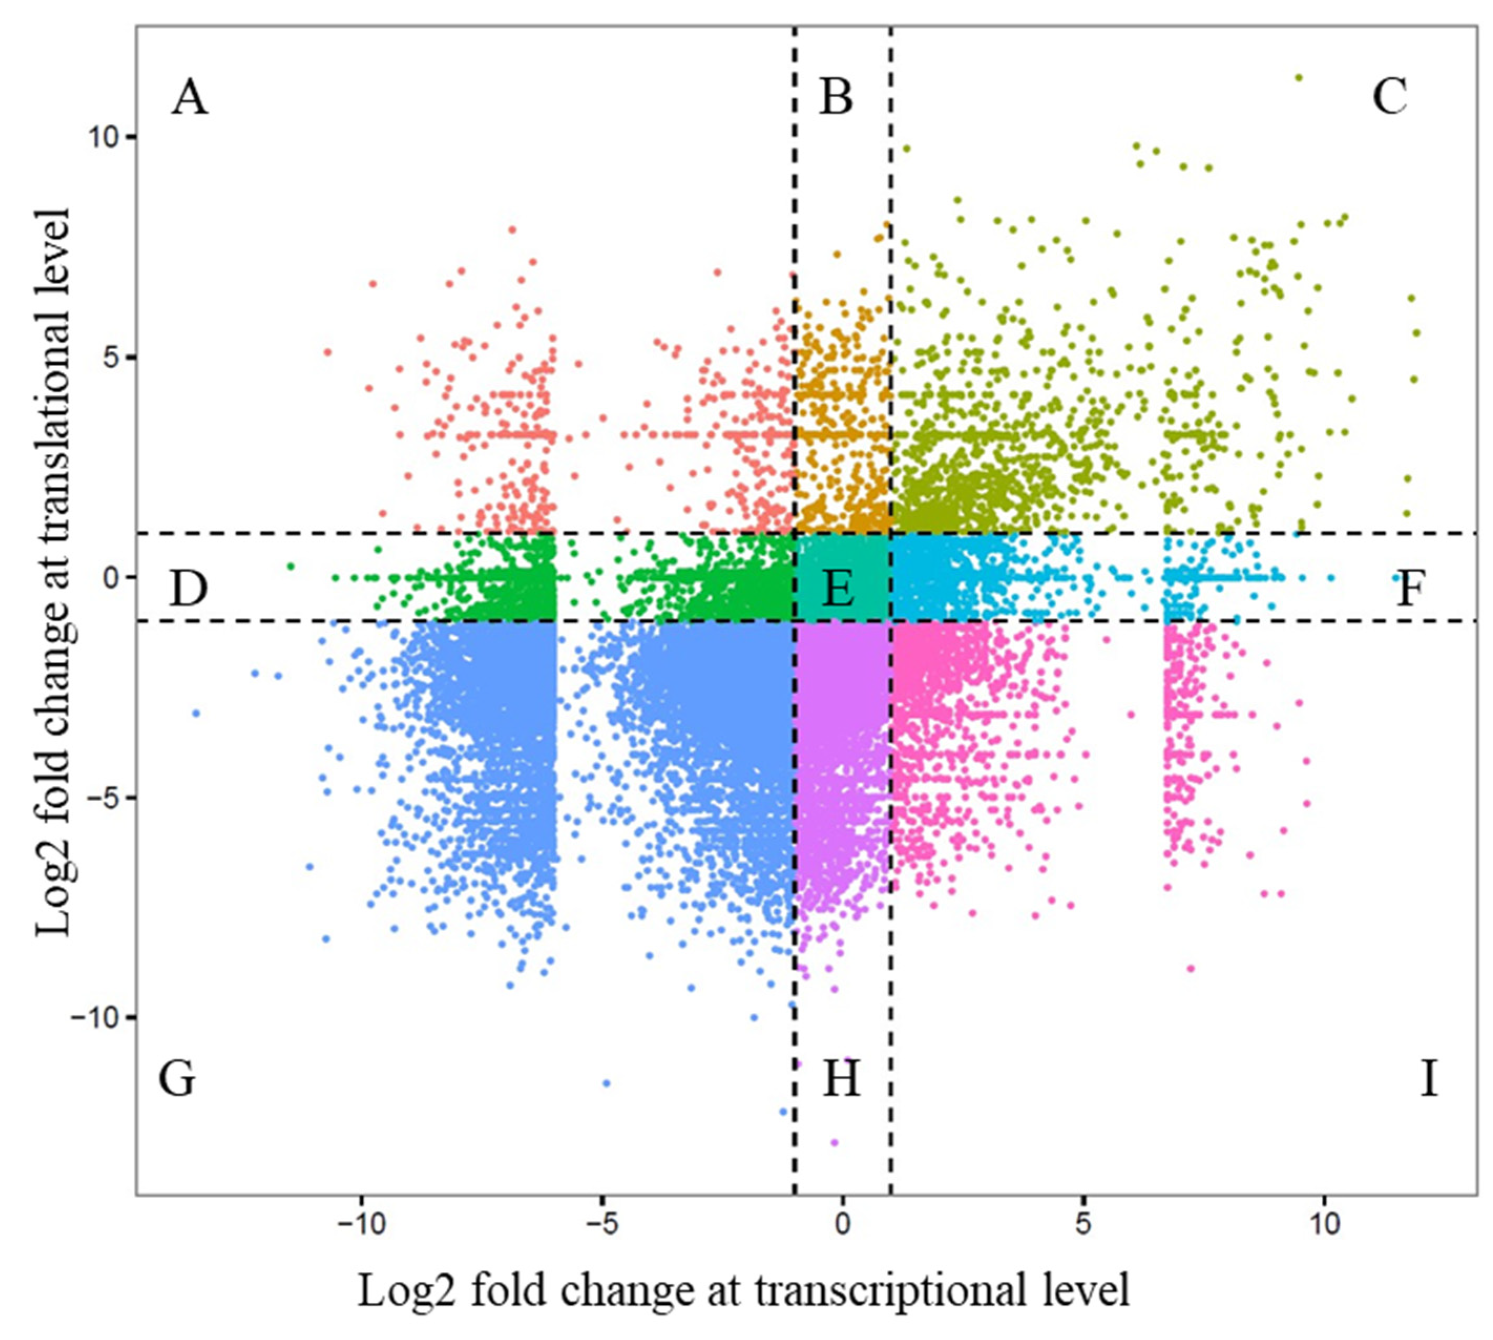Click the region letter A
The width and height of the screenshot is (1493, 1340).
(189, 98)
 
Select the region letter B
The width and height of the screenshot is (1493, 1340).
(836, 98)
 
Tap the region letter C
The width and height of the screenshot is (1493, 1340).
(1389, 97)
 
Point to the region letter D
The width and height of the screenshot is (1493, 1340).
(188, 589)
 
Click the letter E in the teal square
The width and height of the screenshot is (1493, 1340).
(838, 589)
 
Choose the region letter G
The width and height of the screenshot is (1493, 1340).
(177, 1080)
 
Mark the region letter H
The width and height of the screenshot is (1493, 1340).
(841, 1080)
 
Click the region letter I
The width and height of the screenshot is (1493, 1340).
(1428, 1080)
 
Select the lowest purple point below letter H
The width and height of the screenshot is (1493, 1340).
(834, 1143)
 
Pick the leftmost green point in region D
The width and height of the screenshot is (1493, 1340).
(290, 566)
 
